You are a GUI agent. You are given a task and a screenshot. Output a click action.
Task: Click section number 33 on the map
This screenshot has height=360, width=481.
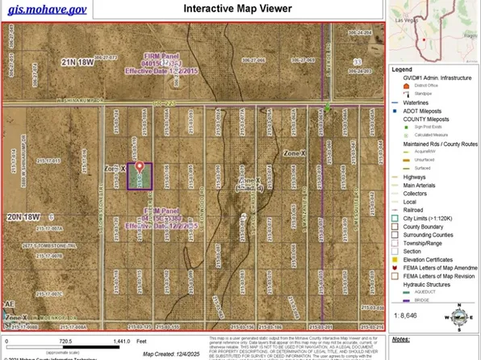pos(355,61)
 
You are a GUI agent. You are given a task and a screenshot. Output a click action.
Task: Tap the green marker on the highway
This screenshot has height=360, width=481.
pos(327,107)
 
